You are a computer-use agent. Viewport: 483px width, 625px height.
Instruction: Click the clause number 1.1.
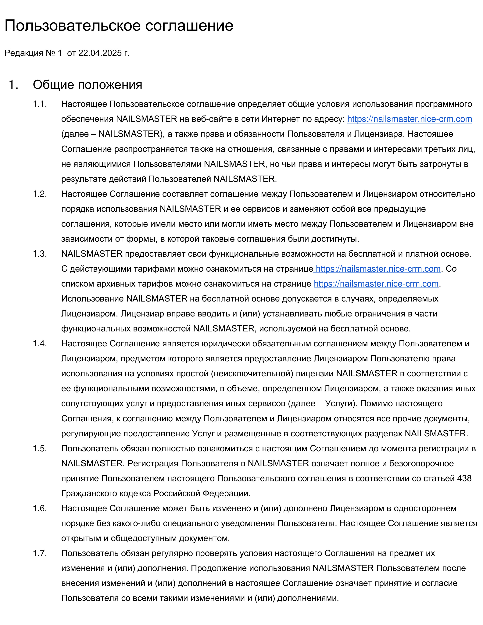point(40,104)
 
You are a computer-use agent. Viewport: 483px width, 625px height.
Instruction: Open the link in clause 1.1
point(410,119)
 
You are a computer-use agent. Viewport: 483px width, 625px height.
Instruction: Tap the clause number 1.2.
point(40,194)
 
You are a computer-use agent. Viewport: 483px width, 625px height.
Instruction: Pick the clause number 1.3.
point(40,254)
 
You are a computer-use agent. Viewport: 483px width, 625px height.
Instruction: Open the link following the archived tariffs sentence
point(376,284)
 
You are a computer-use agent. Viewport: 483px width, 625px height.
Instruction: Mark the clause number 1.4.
point(40,344)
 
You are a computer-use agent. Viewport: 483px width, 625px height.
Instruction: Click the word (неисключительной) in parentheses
point(252,374)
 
